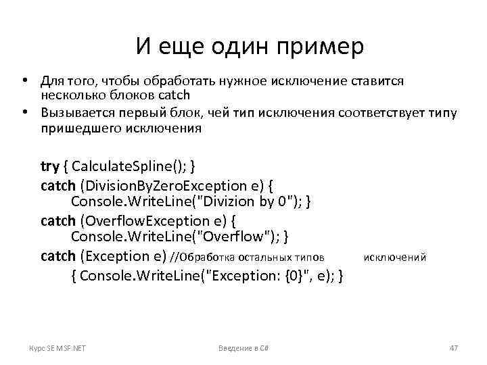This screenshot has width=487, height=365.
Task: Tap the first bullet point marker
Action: pyautogui.click(x=24, y=81)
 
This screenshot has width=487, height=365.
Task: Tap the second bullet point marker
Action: pyautogui.click(x=24, y=112)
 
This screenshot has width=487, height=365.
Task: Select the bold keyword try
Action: pyautogui.click(x=50, y=166)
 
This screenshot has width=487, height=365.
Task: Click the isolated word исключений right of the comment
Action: pyautogui.click(x=395, y=257)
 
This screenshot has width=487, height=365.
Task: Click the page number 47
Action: pyautogui.click(x=453, y=347)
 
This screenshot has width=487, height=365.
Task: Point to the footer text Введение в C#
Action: pyautogui.click(x=243, y=347)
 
